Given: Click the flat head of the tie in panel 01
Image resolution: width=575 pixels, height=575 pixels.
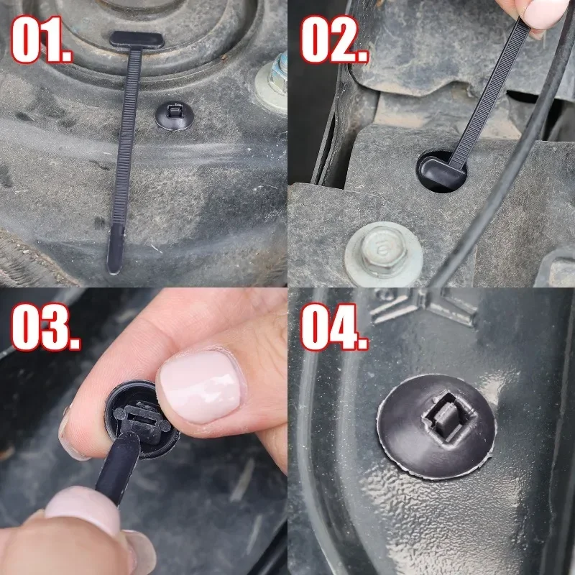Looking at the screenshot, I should click(137, 40).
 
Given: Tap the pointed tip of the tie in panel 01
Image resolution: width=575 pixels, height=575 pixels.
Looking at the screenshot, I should click(115, 248).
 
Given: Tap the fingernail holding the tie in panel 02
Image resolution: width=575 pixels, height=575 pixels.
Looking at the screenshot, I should click(545, 11).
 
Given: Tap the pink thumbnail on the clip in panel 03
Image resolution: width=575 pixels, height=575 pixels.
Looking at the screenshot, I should click(198, 385).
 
